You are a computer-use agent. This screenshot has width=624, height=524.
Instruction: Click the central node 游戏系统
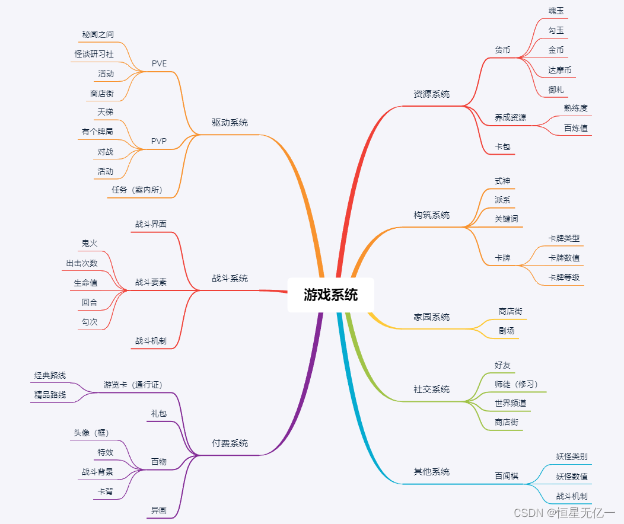[330, 295]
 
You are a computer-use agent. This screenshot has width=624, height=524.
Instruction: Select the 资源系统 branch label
[431, 94]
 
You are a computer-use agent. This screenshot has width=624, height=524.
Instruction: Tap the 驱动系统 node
[230, 123]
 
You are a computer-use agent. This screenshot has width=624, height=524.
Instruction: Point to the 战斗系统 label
[230, 278]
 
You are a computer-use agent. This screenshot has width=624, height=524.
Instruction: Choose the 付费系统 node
[230, 443]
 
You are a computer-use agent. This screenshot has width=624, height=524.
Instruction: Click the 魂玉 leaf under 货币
[556, 11]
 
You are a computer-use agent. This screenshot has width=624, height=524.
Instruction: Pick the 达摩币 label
[559, 70]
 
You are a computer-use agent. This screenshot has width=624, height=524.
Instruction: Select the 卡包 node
[502, 146]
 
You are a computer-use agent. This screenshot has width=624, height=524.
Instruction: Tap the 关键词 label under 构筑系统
[506, 219]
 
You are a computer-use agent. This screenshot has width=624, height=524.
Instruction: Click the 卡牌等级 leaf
[563, 277]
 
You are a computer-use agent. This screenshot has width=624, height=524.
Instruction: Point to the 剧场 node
[506, 330]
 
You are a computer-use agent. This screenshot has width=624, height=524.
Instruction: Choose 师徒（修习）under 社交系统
[516, 384]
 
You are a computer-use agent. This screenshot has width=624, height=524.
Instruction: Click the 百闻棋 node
[506, 475]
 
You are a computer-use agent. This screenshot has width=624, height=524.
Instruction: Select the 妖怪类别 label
[571, 456]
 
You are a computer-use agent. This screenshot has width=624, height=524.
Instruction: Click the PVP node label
[159, 142]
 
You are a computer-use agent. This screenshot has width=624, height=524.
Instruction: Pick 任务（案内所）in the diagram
[137, 190]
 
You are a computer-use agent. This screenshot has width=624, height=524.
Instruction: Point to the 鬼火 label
[90, 243]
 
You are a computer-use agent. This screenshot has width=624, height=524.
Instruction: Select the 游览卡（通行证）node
[132, 385]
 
